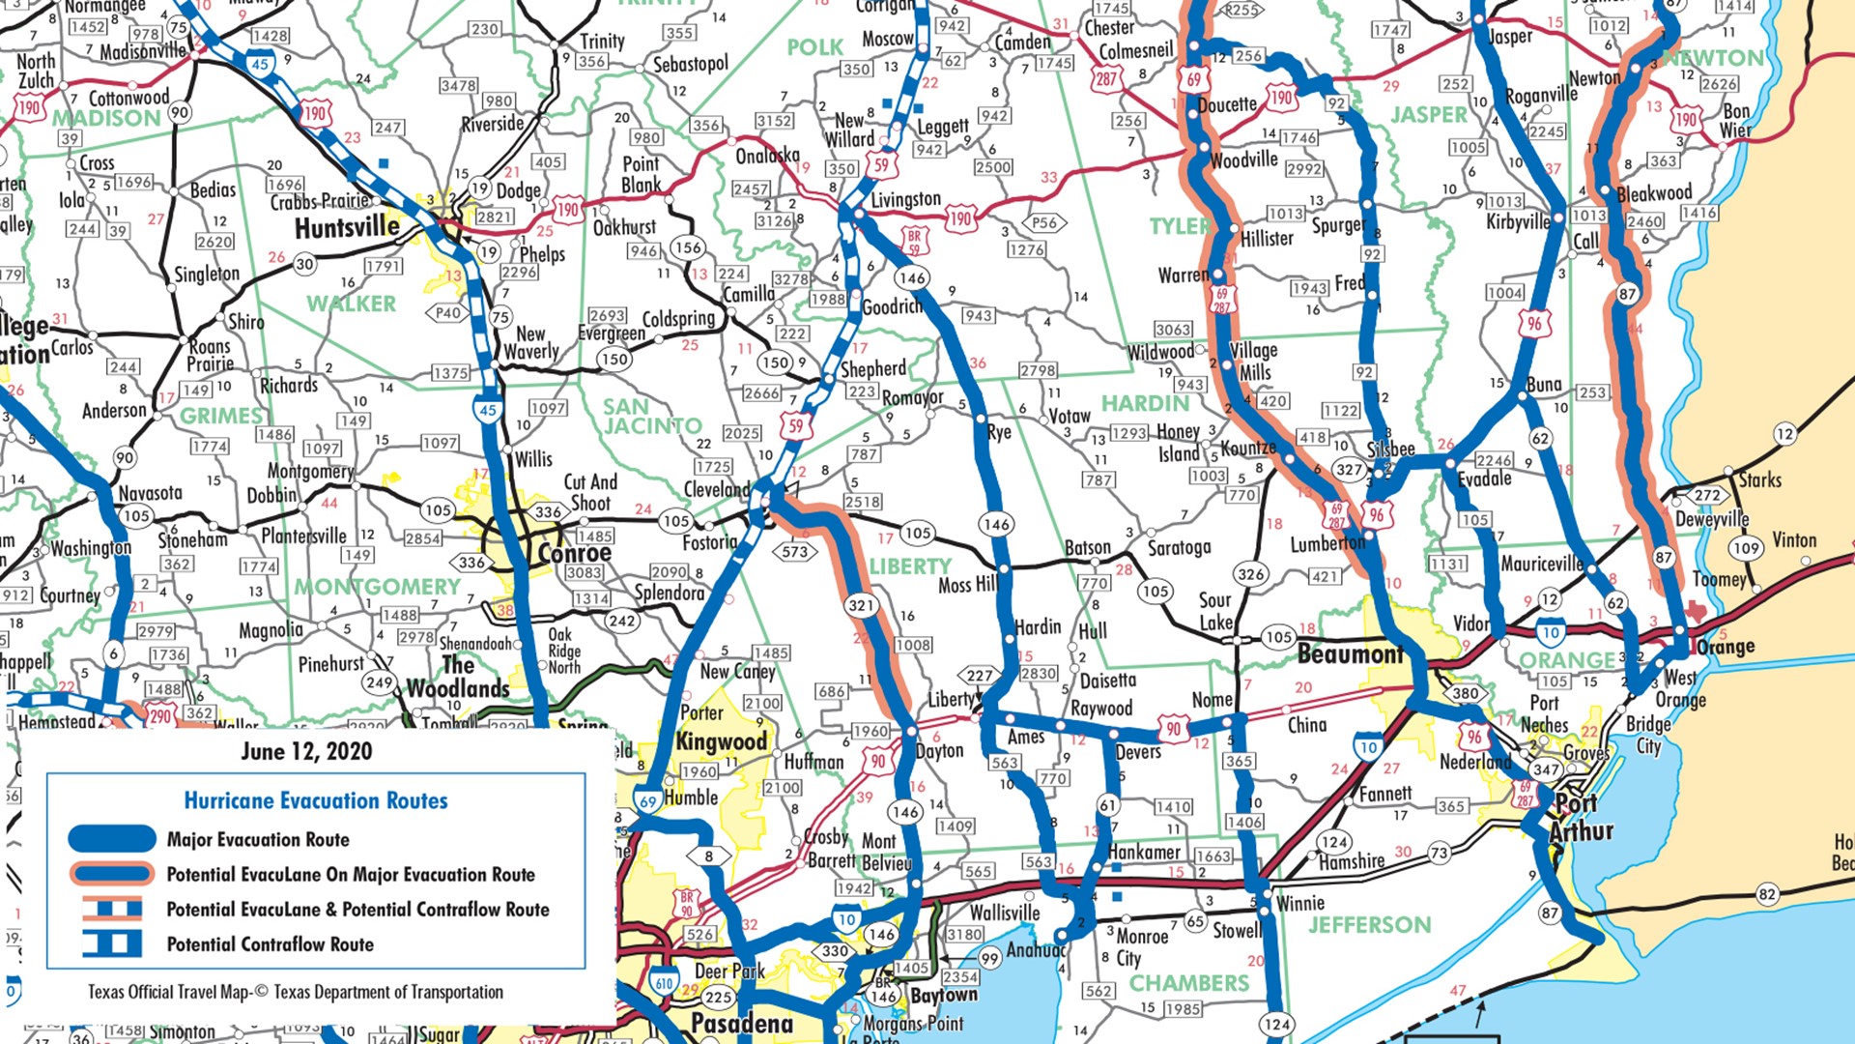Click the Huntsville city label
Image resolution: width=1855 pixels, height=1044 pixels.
347,228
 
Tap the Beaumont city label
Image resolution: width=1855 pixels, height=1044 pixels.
1350,654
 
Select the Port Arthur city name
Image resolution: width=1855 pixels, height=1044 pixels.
1581,818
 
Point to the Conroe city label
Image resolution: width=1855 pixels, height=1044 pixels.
574,554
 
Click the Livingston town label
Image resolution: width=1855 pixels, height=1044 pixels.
905,200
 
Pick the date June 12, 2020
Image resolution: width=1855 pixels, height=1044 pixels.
306,751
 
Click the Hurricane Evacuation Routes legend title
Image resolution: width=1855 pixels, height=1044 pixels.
316,800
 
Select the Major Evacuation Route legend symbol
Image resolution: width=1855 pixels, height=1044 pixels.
111,838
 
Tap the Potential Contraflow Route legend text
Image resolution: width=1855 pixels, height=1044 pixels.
270,944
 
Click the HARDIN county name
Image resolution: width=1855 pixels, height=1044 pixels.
1145,403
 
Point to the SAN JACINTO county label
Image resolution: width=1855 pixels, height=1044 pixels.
652,417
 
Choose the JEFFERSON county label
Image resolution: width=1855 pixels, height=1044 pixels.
1369,925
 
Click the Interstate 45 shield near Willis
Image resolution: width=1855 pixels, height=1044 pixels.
488,410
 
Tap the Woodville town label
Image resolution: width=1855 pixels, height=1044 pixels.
1243,159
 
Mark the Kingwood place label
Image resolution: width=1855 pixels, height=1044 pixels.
721,742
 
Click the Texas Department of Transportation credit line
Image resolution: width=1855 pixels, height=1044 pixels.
295,992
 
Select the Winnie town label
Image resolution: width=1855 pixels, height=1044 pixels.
1299,903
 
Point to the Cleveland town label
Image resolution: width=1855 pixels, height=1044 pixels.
716,489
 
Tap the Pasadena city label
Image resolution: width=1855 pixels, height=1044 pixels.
741,1024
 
